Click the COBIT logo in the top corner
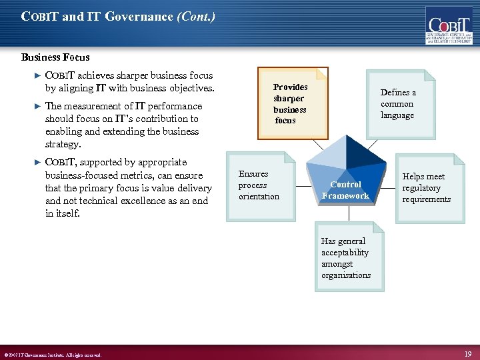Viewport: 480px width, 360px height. point(449,27)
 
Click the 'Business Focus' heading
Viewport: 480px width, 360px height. point(55,57)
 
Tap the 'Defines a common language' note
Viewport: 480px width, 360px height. point(397,104)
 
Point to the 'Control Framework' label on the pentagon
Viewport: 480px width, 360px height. point(345,190)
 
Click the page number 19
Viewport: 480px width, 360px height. point(468,353)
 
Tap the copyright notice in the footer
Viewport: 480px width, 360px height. point(53,355)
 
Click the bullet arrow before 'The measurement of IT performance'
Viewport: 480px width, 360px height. point(37,106)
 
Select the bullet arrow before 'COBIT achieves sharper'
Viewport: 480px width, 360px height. point(37,75)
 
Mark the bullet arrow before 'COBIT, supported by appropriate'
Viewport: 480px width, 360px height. point(37,162)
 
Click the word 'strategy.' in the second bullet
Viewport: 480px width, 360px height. point(63,144)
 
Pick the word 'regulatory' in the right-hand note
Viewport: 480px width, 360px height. point(422,188)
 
